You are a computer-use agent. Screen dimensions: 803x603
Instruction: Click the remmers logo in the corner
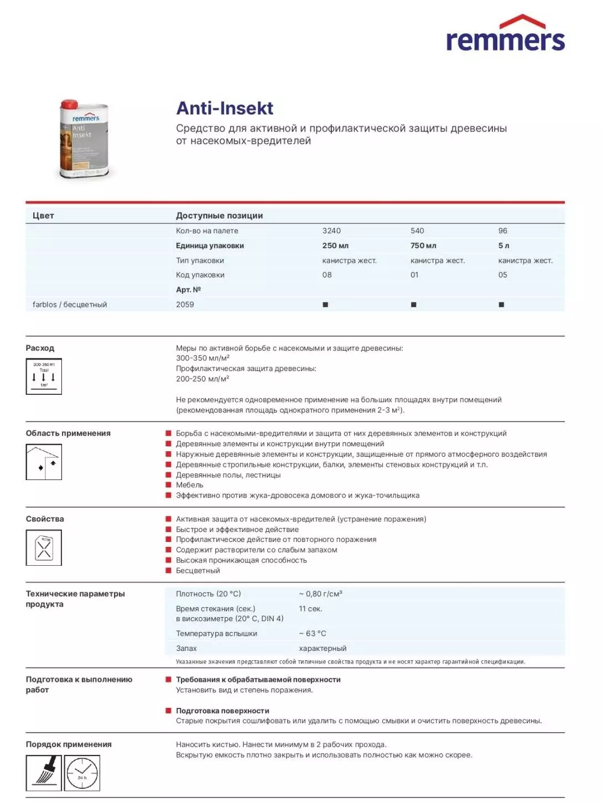click(x=505, y=34)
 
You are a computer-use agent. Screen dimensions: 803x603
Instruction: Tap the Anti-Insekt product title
click(x=225, y=108)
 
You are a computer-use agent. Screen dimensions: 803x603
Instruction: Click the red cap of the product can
click(x=69, y=105)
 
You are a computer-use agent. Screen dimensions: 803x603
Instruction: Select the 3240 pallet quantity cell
click(x=331, y=231)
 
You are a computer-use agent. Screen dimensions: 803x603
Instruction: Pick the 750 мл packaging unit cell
click(x=423, y=246)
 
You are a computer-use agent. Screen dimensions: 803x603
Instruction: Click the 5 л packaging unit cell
click(x=503, y=246)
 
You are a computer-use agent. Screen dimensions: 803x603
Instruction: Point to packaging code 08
click(x=327, y=275)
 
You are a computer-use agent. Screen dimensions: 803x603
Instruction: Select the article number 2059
click(x=185, y=304)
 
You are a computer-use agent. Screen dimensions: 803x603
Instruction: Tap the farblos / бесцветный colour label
click(x=70, y=304)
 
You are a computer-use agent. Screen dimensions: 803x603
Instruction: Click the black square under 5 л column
click(x=501, y=305)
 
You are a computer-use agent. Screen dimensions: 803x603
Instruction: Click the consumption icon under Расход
click(x=44, y=377)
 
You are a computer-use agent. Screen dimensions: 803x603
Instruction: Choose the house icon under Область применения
click(x=44, y=462)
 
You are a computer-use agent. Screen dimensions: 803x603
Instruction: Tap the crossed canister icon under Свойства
click(x=44, y=547)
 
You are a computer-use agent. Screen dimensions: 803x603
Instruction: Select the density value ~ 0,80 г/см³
click(x=320, y=594)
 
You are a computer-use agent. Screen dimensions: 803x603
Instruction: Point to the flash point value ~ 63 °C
click(x=313, y=633)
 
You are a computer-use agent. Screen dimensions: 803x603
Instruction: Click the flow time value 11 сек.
click(x=310, y=608)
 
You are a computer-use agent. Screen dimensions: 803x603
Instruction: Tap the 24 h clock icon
click(x=82, y=773)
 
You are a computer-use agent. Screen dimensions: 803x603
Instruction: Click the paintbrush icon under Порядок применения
click(x=44, y=773)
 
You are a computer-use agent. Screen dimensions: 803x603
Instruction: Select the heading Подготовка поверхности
click(x=222, y=711)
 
